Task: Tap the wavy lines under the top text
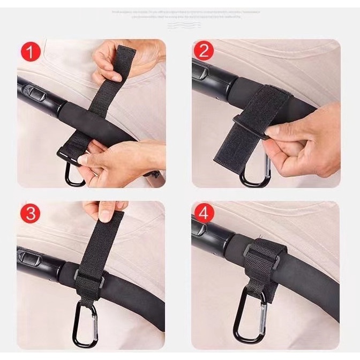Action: coord(179,24)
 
